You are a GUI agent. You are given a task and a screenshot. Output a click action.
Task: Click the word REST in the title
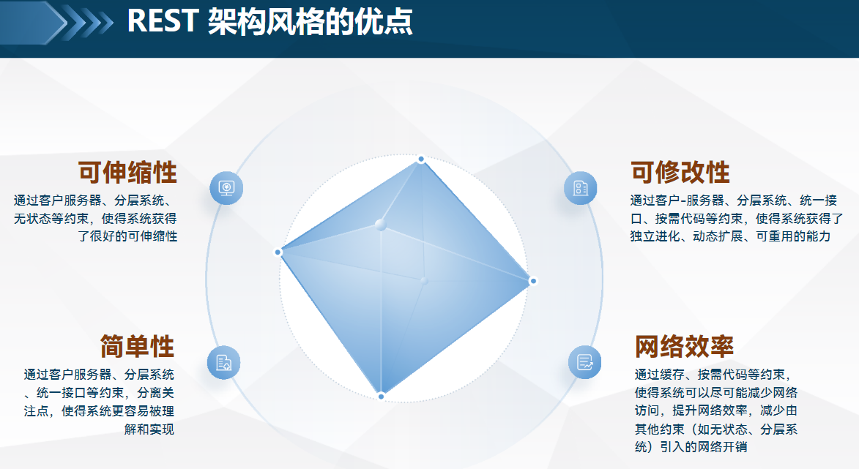(x=163, y=22)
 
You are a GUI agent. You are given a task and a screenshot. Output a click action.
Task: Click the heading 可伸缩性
(x=127, y=173)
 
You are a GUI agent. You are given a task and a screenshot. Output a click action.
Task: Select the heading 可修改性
(x=680, y=173)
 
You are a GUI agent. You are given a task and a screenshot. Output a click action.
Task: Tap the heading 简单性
(x=137, y=346)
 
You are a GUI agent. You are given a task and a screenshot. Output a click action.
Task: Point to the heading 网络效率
(x=684, y=346)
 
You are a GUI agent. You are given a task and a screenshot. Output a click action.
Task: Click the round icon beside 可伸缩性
(x=226, y=188)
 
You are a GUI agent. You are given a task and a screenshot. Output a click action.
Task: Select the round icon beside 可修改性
(x=580, y=188)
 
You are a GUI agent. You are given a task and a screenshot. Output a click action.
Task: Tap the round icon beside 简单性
(x=223, y=362)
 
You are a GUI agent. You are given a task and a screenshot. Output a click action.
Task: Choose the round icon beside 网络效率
(x=584, y=362)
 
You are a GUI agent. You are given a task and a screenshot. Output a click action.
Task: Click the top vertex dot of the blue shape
(x=421, y=160)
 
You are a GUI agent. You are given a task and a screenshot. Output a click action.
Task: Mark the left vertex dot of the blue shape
(x=278, y=252)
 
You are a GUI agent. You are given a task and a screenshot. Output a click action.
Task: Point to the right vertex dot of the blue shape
(x=533, y=281)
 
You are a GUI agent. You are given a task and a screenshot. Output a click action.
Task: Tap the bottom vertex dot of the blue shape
(x=381, y=397)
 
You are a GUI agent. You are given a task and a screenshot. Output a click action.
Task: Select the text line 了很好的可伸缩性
(x=127, y=236)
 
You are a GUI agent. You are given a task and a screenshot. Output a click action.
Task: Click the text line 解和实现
(x=149, y=429)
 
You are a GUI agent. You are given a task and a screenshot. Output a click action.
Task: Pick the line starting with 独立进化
(x=730, y=236)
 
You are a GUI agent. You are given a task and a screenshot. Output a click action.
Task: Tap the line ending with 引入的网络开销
(x=691, y=447)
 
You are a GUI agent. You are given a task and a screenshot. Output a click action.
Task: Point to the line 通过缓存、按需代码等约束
(x=713, y=375)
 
